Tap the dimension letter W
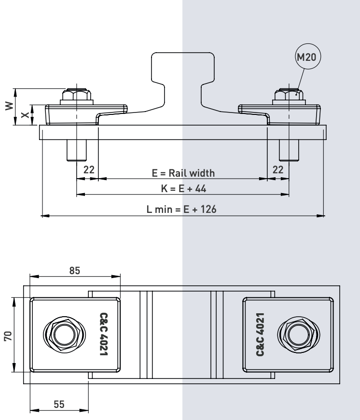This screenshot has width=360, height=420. point(8,106)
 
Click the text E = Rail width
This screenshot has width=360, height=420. point(183,173)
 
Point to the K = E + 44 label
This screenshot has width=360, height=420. point(184,188)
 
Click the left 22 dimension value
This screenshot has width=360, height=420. point(88,169)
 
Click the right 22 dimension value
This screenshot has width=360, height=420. point(278,169)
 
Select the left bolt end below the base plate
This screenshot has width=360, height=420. point(76,150)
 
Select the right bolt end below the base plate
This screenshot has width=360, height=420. point(289,150)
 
